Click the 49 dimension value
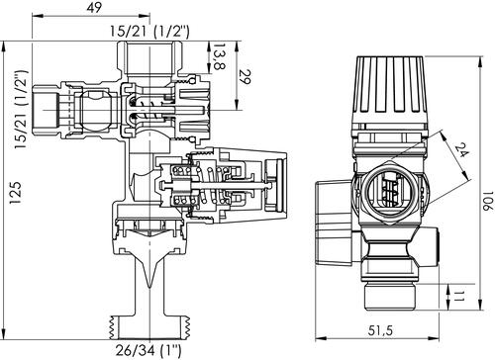pos(95,8)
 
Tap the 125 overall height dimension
pos(16,193)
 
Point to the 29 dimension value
pos(245,77)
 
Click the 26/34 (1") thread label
pos(148,351)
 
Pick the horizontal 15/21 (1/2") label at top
pos(150,31)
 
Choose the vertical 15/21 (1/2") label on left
pos(22,110)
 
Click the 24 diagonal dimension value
pos(461,150)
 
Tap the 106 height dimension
pos(488,201)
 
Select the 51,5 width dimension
pos(381,330)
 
